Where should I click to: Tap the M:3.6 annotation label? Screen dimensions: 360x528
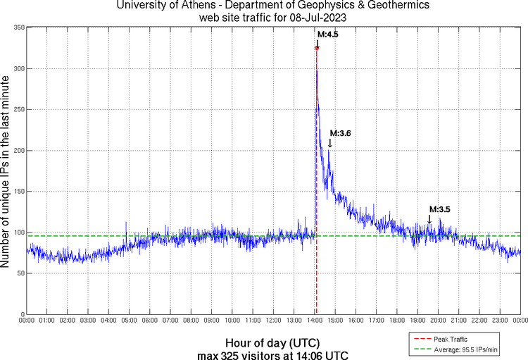[340, 133]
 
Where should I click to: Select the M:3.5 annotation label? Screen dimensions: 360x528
[439, 209]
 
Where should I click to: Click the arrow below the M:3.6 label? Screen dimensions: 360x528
[329, 143]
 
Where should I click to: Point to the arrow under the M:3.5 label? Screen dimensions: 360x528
[429, 219]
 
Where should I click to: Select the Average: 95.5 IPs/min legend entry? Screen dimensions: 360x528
[465, 348]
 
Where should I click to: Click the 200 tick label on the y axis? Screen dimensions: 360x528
[18, 151]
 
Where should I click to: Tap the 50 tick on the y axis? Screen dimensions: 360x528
[20, 273]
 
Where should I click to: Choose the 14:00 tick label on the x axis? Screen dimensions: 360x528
[315, 321]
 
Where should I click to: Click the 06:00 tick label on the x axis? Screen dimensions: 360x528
[150, 321]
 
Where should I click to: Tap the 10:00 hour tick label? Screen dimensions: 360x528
[232, 321]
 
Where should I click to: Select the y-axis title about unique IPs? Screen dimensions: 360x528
[6, 172]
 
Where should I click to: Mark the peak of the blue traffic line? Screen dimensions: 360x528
[317, 48]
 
